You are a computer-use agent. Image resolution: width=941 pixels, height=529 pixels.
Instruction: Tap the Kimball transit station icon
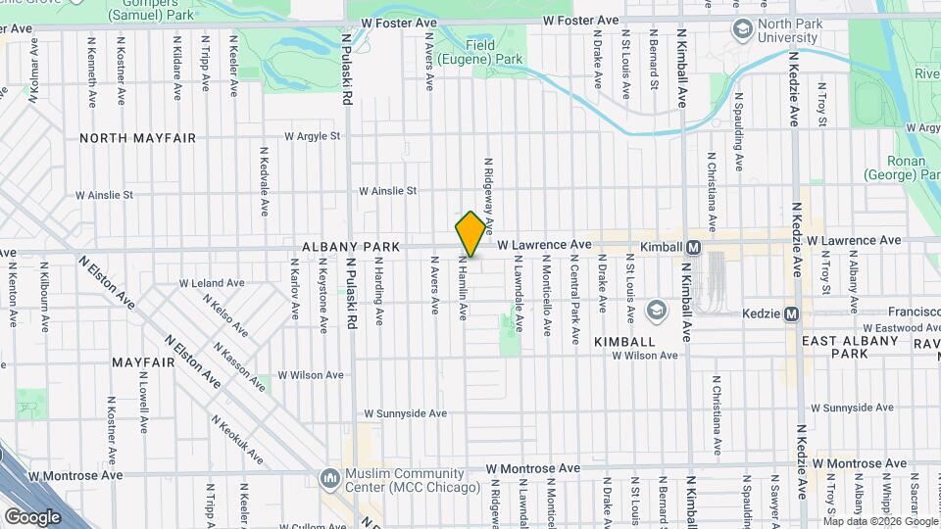click(693, 247)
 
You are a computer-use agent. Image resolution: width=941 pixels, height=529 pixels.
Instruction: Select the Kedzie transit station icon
click(791, 313)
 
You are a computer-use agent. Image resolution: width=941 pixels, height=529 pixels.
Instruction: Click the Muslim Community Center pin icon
click(328, 478)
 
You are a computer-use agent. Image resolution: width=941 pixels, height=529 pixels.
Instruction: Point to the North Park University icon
click(742, 30)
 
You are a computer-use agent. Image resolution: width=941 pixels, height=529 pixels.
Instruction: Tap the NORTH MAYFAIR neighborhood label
click(138, 138)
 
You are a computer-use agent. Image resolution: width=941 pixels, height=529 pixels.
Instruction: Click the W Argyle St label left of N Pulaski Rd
click(312, 136)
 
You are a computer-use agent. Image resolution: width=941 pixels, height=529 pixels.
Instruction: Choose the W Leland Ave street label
click(211, 283)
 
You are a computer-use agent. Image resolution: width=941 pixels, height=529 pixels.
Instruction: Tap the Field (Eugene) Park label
click(480, 52)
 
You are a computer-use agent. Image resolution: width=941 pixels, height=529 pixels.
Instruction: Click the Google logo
click(32, 516)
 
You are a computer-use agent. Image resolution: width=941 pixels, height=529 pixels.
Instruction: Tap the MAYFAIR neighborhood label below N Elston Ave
click(143, 361)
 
